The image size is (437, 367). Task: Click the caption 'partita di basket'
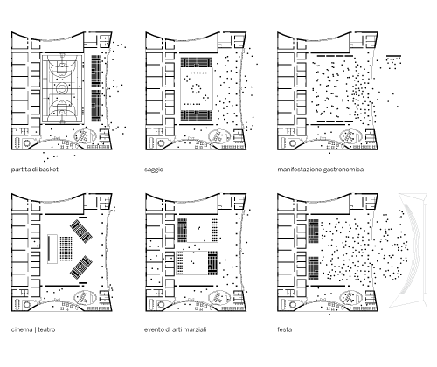point(35,170)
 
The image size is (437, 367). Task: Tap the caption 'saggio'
point(154,170)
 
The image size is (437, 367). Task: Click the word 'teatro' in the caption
point(46,329)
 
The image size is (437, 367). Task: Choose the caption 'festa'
point(285,329)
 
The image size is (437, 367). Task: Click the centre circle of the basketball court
point(62,88)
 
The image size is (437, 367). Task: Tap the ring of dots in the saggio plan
point(197,88)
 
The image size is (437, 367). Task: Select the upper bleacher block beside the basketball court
point(96,72)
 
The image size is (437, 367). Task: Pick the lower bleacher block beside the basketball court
point(96,106)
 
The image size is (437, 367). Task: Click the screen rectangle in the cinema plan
point(52,249)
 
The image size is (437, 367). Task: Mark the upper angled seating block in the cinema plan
point(81,232)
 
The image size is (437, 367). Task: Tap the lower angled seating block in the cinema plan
point(81,267)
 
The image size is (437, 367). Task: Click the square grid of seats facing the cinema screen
point(66,248)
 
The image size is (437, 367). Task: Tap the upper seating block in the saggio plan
point(197,62)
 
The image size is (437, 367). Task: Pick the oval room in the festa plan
point(350,299)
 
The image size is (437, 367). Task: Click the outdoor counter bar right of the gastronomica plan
point(393,56)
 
